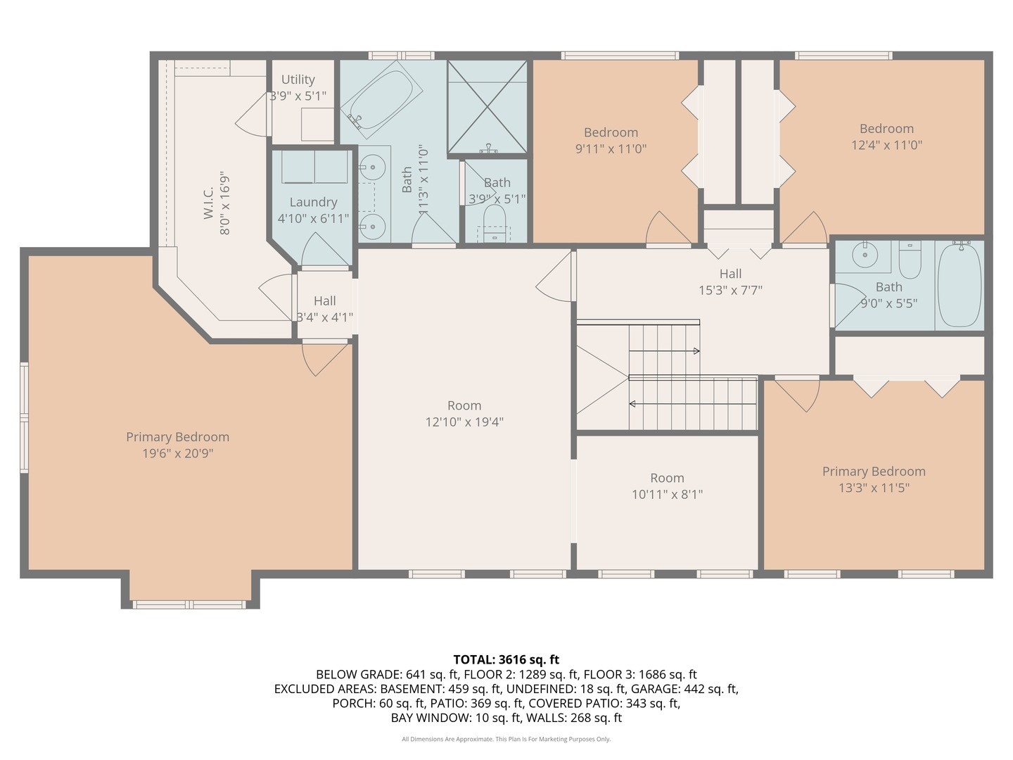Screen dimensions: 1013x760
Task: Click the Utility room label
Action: (x=298, y=80)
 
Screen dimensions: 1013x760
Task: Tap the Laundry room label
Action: (x=313, y=202)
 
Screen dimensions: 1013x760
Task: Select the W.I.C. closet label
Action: (x=209, y=203)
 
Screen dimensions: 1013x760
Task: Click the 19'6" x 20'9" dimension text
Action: (x=178, y=454)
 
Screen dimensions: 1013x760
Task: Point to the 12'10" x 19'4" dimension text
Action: (x=464, y=422)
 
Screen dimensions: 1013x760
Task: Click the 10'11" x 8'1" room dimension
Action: (x=667, y=495)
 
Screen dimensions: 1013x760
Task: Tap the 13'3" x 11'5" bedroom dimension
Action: (x=874, y=488)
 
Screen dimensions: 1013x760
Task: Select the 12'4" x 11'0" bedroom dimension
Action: (x=886, y=145)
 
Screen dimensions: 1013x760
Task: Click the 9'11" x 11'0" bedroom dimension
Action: (x=611, y=148)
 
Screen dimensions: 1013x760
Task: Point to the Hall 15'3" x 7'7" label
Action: (x=730, y=282)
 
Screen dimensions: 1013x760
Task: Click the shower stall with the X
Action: (x=488, y=106)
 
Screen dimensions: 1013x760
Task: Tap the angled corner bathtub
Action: (x=381, y=100)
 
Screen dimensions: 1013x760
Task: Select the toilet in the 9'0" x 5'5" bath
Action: (x=910, y=260)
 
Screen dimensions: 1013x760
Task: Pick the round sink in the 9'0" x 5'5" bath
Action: (x=865, y=255)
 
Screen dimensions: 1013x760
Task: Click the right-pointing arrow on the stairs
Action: (x=664, y=351)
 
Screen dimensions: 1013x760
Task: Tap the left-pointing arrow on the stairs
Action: (x=693, y=404)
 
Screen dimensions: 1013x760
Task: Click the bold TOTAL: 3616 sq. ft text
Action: (x=507, y=659)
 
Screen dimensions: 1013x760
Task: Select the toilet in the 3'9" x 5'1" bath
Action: (x=495, y=222)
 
